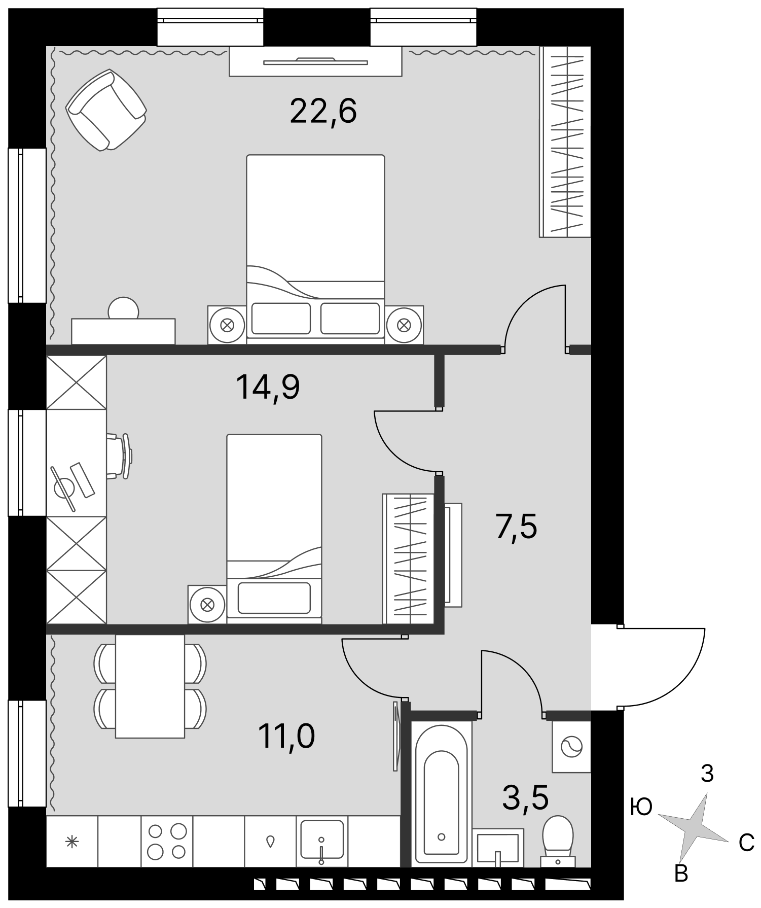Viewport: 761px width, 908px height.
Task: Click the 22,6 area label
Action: (323, 112)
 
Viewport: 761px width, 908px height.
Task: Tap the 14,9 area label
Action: (268, 388)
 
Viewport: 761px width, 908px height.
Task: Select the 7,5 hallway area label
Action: (516, 527)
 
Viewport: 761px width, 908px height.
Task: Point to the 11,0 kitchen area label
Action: (286, 737)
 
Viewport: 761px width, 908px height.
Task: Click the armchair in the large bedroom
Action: (106, 110)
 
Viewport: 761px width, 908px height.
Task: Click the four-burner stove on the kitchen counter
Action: (167, 841)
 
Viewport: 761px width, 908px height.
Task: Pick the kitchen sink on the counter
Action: (321, 841)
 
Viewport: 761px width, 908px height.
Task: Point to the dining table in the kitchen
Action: (150, 686)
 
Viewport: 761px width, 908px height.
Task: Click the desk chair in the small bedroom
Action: (121, 456)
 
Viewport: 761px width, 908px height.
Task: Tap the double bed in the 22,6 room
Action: (315, 249)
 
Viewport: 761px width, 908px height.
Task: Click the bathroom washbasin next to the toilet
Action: (497, 848)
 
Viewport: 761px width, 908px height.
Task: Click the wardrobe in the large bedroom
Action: (565, 142)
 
